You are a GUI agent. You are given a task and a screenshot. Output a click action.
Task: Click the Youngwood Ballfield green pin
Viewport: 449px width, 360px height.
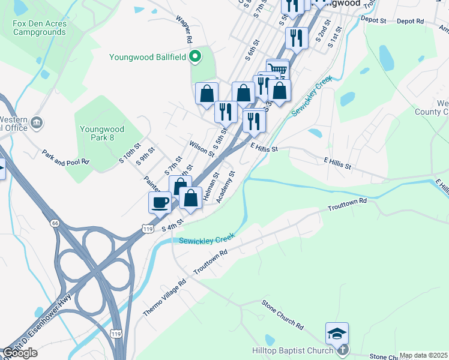click(x=194, y=58)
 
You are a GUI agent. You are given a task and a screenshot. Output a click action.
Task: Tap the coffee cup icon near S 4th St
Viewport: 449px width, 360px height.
click(x=160, y=202)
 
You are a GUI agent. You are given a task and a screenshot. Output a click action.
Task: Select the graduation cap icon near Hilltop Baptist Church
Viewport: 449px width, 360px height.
click(x=337, y=333)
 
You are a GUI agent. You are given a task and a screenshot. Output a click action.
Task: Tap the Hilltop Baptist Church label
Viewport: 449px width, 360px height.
click(x=292, y=351)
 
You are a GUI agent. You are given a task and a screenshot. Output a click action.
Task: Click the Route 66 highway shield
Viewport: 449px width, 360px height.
click(x=55, y=223)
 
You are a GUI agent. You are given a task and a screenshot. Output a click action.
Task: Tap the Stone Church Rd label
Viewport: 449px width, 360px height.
click(x=283, y=314)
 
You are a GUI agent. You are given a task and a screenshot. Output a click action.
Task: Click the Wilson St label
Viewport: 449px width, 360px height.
click(x=202, y=148)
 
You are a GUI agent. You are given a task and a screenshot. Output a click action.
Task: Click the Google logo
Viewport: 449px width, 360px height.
click(x=19, y=353)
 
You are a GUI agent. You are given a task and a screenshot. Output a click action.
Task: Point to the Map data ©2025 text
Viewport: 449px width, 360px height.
click(x=423, y=355)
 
